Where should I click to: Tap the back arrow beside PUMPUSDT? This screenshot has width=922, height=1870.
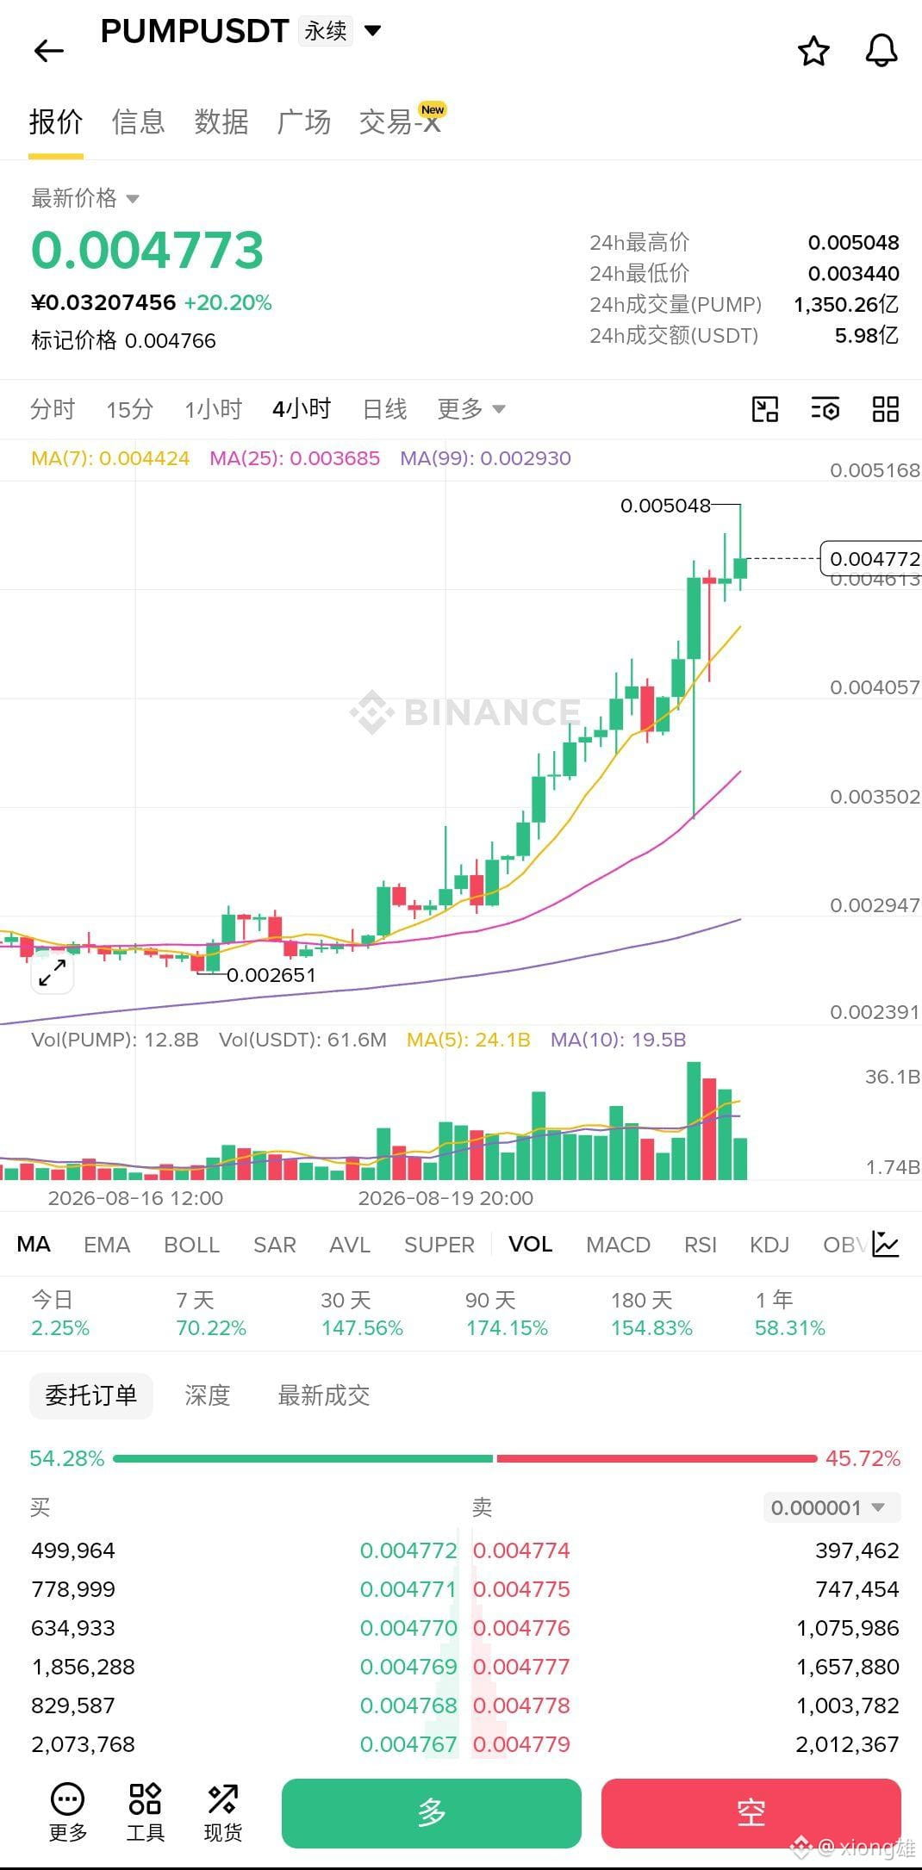[x=49, y=51]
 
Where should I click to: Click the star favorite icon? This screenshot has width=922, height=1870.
[x=813, y=52]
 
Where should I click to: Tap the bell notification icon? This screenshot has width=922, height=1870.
[x=882, y=52]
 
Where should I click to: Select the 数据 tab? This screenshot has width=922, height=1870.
[x=221, y=122]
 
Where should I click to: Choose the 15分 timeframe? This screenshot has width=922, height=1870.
[x=130, y=409]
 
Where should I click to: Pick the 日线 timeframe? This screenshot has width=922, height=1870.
[x=384, y=409]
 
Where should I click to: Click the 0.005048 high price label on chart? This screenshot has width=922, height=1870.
[x=665, y=506]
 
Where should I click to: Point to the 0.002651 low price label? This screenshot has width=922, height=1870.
[x=271, y=975]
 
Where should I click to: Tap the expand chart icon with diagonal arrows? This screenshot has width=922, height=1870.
[x=53, y=972]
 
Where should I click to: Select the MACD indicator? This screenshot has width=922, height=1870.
[x=618, y=1245]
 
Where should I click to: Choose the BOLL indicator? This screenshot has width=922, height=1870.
[x=191, y=1245]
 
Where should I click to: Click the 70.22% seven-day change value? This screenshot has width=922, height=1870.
[x=211, y=1328]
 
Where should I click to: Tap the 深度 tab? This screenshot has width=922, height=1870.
[x=208, y=1395]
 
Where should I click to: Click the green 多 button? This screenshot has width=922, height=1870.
[x=432, y=1813]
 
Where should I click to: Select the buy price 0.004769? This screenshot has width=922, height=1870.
[x=408, y=1667]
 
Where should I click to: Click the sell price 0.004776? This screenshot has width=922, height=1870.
[x=521, y=1628]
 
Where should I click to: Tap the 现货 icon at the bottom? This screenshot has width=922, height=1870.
[x=222, y=1812]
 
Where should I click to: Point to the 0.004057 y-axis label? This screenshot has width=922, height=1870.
[x=875, y=687]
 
